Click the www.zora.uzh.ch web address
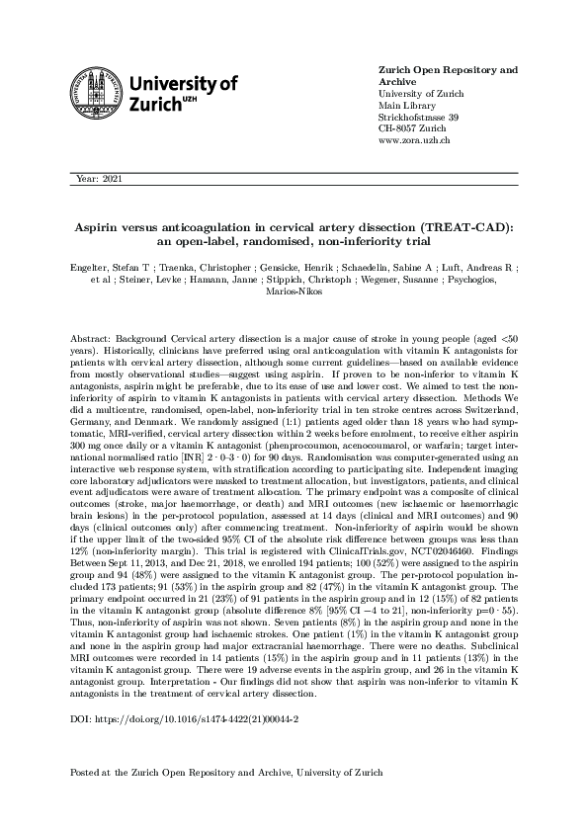click(415, 141)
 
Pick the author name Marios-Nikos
click(294, 291)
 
